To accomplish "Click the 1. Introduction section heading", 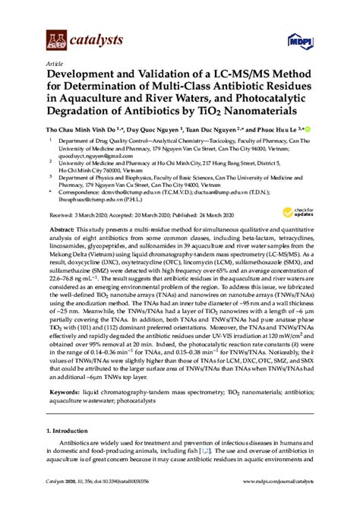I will tap(74, 450).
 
